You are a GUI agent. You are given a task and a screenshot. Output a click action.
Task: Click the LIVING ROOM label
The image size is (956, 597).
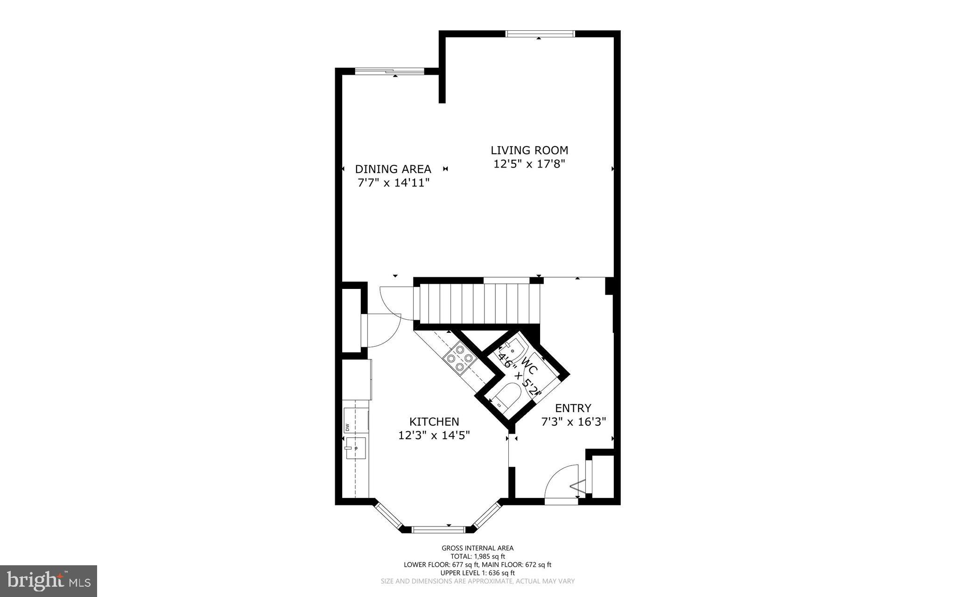529,150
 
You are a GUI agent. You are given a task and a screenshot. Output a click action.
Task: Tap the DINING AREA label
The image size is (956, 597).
393,169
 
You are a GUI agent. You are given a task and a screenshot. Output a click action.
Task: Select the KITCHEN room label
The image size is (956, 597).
434,421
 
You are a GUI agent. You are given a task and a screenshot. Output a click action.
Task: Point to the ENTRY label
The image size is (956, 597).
573,408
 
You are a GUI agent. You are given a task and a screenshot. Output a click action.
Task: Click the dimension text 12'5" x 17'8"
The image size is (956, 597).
529,164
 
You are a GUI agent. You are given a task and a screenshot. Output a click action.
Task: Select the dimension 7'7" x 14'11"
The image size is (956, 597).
393,183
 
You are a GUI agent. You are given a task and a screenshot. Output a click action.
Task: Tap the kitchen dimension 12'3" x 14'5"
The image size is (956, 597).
434,435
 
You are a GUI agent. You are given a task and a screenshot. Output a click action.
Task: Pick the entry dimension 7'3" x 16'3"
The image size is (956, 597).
573,422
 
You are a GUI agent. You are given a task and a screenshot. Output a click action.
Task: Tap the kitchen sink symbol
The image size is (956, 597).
356,448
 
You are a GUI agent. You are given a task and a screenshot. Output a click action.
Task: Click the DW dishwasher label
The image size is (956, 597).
347,427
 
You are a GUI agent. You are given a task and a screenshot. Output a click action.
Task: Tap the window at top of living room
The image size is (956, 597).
540,34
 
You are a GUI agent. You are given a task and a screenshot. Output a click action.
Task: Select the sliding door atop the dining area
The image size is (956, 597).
390,71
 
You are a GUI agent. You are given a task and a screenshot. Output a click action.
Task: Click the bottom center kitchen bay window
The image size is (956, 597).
438,529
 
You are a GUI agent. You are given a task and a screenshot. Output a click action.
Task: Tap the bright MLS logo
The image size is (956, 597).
49,581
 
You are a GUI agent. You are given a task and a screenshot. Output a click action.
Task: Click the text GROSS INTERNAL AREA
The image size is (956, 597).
478,548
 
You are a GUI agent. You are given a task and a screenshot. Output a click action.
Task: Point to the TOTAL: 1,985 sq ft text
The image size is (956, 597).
478,556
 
